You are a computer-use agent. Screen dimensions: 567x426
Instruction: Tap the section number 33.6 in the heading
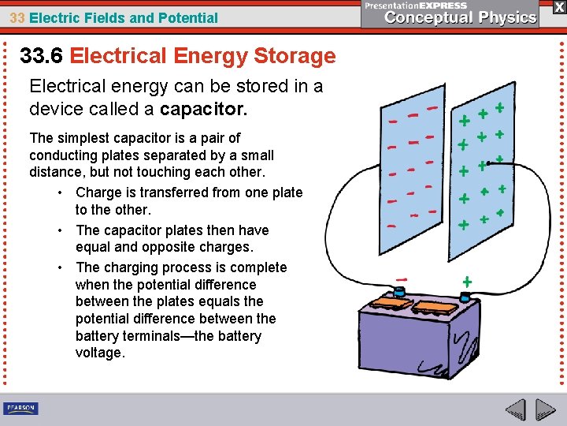(42, 56)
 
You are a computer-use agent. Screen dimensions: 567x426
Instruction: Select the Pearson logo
(20, 408)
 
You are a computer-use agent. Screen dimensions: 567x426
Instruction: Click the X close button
(558, 6)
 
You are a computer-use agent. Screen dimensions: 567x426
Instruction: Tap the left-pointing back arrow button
(516, 409)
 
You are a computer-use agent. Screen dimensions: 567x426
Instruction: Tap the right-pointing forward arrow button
(546, 409)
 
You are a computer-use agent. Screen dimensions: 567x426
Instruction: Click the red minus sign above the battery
(402, 278)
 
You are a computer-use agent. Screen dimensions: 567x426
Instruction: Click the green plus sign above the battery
(467, 281)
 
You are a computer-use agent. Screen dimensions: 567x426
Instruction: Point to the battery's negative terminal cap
(400, 293)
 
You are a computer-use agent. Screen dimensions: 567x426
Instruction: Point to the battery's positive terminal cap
(465, 298)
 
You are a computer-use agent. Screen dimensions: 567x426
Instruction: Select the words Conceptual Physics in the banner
(461, 17)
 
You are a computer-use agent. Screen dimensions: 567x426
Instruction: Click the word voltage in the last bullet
(100, 353)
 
